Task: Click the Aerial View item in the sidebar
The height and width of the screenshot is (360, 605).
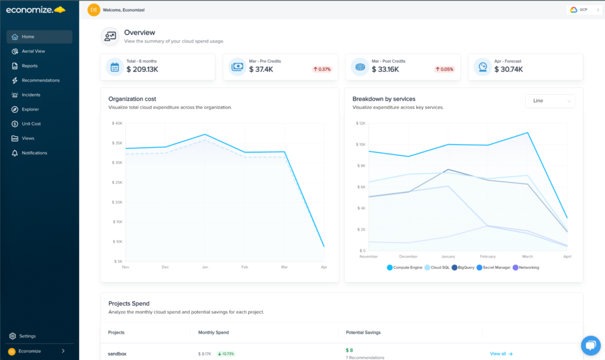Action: pos(33,51)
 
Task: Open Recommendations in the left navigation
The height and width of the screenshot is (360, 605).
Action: pos(40,80)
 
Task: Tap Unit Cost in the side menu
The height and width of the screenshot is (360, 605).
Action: pos(31,124)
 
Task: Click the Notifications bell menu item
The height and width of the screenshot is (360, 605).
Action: pos(34,153)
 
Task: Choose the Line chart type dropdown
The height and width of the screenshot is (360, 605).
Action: pos(549,101)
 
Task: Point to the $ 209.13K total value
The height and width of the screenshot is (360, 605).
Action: pos(142,70)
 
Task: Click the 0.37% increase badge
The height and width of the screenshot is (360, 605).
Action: pos(322,69)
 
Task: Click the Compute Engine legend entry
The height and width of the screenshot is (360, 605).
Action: pos(405,267)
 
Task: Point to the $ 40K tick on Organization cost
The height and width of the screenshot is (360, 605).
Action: pos(117,124)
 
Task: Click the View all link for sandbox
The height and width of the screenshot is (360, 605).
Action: pos(501,353)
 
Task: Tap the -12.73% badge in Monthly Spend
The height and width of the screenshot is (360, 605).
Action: pos(225,353)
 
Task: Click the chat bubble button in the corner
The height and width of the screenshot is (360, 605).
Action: pos(590,345)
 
